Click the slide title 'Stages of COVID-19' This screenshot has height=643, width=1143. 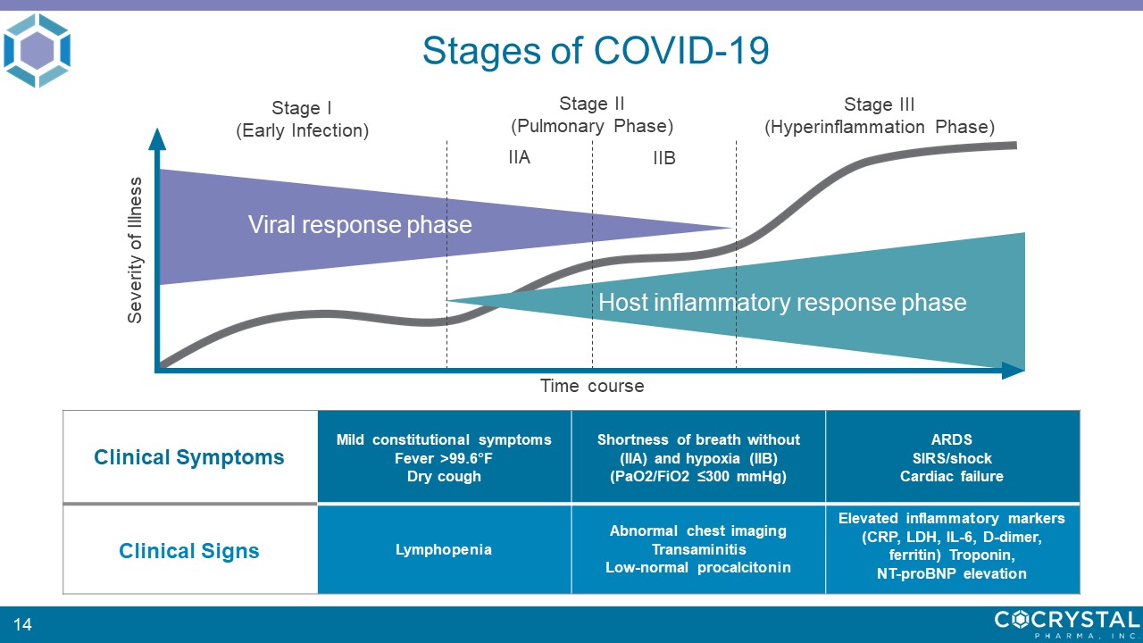[596, 51]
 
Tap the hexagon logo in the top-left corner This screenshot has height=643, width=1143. [37, 50]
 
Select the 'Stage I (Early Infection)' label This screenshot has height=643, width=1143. [302, 120]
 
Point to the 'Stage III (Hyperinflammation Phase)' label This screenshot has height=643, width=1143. [880, 116]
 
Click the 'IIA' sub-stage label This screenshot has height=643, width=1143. [520, 157]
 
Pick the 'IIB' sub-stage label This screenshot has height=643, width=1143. [664, 158]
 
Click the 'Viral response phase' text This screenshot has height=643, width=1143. [360, 224]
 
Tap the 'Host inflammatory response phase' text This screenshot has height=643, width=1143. [782, 302]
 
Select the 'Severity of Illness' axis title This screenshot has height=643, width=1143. [134, 250]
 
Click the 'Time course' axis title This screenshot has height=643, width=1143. [592, 386]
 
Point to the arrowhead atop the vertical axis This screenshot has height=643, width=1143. [157, 138]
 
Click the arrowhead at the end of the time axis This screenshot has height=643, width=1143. [1013, 371]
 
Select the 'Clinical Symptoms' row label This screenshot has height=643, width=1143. [188, 457]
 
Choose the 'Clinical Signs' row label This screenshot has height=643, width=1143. [188, 551]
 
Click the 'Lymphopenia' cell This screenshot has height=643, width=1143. [444, 549]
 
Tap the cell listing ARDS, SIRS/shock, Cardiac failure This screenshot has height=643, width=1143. [952, 457]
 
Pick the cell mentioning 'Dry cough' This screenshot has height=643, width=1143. [444, 457]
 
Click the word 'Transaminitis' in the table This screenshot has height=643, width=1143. [698, 549]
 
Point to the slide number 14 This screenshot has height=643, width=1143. [22, 624]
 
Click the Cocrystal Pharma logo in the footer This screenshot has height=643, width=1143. [1067, 624]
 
